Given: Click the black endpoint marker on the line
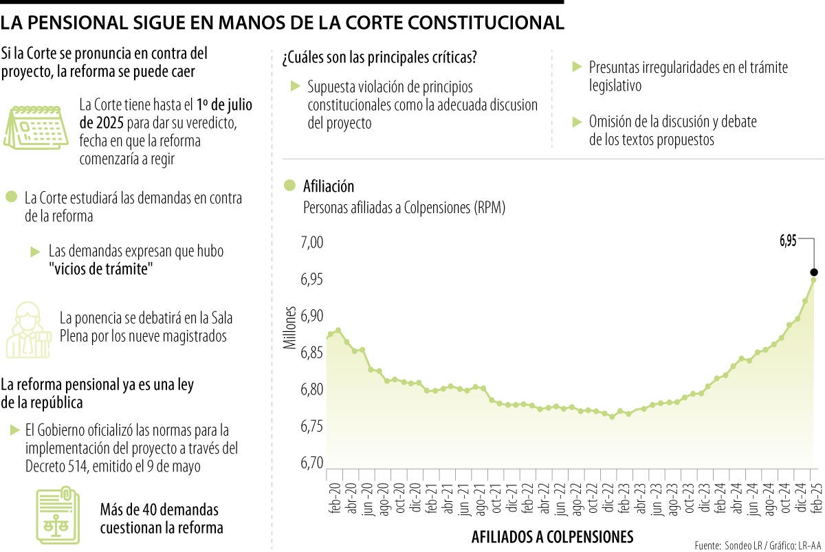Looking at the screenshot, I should (x=814, y=272).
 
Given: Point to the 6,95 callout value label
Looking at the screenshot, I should (x=788, y=241).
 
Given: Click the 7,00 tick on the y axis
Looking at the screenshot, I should (x=311, y=243).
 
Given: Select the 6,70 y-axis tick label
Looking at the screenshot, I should (x=311, y=463).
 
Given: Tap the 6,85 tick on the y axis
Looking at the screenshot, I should (x=311, y=353).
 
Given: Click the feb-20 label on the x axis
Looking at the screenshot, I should (x=335, y=500).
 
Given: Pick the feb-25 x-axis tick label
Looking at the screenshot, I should (x=813, y=500).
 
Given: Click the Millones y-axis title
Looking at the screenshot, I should (x=289, y=327).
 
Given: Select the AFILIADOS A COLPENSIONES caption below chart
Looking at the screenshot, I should (x=552, y=536).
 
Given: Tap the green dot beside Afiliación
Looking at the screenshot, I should (x=289, y=186).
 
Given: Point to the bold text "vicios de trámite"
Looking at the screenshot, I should (x=100, y=269).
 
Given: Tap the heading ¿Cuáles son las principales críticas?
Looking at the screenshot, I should (x=379, y=58).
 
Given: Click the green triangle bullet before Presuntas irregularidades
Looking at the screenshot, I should (x=577, y=67).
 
